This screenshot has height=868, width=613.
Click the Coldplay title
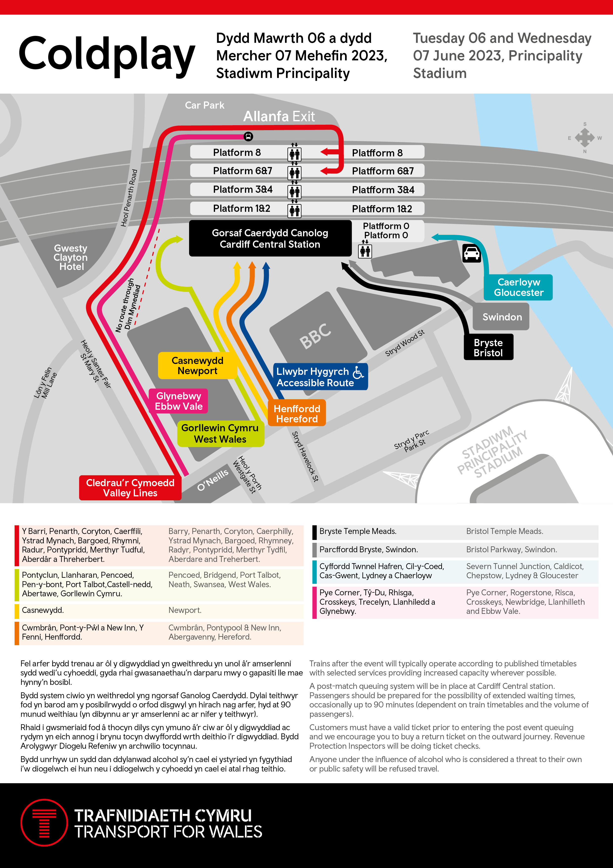[x=107, y=55]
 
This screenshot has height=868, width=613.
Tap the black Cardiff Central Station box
[x=270, y=239]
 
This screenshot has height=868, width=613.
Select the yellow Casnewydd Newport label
[x=197, y=365]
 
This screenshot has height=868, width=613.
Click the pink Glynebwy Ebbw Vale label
[x=179, y=401]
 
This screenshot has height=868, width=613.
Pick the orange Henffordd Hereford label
[x=297, y=413]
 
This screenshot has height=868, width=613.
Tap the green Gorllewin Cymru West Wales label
[x=220, y=434]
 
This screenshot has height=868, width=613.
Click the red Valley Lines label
[x=130, y=488]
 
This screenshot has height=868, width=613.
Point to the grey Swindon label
[x=502, y=317]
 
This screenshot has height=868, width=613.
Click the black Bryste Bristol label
[x=488, y=347]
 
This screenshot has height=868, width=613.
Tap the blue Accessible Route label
[x=320, y=377]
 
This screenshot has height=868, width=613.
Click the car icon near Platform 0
[x=471, y=253]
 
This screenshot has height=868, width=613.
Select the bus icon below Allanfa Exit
[x=248, y=137]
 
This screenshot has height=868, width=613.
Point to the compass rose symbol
[x=585, y=138]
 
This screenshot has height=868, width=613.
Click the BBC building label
[x=315, y=336]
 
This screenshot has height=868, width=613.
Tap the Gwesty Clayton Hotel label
[x=71, y=257]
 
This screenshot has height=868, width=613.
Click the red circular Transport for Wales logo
[x=44, y=823]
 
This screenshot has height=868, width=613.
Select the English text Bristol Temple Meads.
[x=504, y=531]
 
